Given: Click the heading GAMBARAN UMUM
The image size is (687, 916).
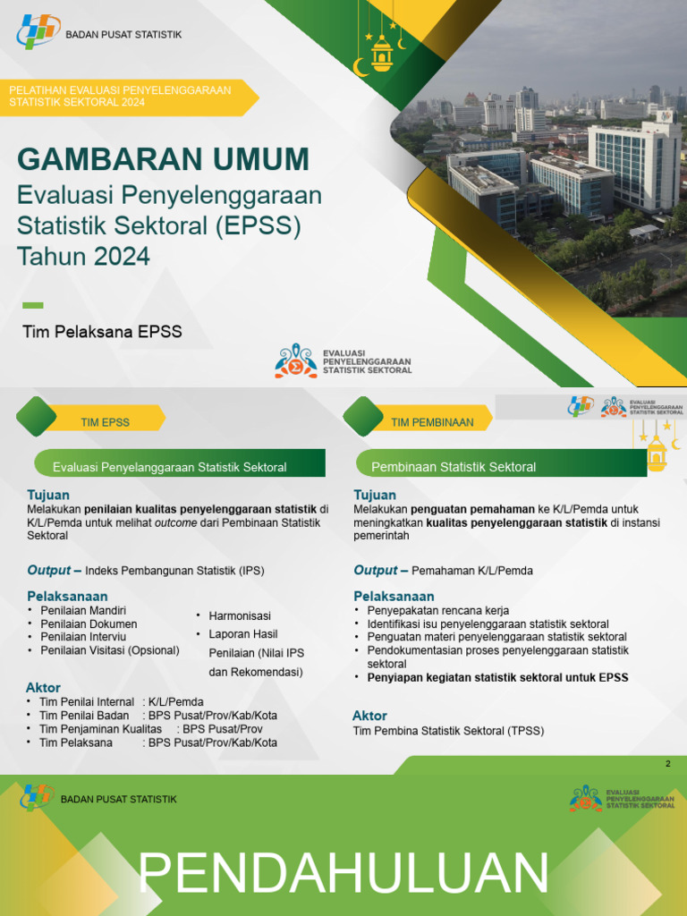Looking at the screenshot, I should click(163, 159).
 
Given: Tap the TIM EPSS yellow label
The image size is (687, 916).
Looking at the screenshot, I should click(106, 422).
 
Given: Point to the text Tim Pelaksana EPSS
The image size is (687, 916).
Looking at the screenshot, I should click(102, 332).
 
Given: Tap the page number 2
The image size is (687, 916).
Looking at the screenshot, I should click(667, 763).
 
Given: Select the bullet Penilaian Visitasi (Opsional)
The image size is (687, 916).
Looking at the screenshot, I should click(110, 650).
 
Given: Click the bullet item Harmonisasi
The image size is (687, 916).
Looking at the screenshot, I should click(240, 616).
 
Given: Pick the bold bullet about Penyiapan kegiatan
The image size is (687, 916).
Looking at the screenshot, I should click(497, 677).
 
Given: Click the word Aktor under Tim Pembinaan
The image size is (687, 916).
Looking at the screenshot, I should click(369, 716).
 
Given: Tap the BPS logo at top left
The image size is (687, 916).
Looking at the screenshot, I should click(37, 32).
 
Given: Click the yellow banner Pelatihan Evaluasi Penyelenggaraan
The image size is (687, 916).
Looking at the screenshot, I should click(121, 96).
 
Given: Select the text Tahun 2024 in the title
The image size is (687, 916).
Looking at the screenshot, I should click(84, 257).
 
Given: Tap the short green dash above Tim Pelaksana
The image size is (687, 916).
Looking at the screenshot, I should click(32, 306).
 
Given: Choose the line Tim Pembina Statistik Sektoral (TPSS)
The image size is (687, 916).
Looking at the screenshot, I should click(448, 731).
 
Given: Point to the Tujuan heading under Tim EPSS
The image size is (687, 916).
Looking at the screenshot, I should click(48, 495).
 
